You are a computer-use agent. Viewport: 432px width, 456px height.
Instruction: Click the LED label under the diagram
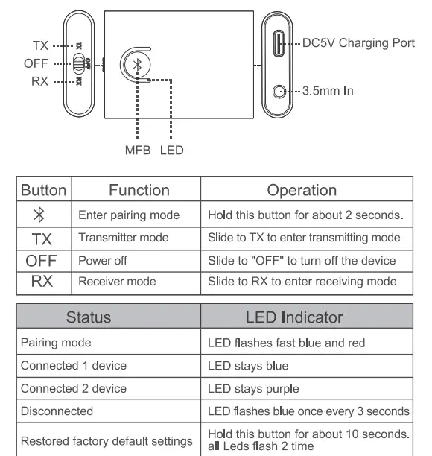click(171, 150)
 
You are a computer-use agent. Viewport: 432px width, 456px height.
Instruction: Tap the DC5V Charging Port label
click(358, 42)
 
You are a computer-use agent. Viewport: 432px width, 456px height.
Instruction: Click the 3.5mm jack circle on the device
click(280, 92)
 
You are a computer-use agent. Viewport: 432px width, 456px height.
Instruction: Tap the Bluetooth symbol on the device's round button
click(136, 65)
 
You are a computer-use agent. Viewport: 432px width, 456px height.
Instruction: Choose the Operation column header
click(306, 191)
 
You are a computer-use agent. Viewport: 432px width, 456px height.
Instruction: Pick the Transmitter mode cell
click(124, 238)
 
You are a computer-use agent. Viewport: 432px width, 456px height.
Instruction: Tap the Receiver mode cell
click(119, 282)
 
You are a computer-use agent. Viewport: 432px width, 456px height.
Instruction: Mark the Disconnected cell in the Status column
click(57, 411)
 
